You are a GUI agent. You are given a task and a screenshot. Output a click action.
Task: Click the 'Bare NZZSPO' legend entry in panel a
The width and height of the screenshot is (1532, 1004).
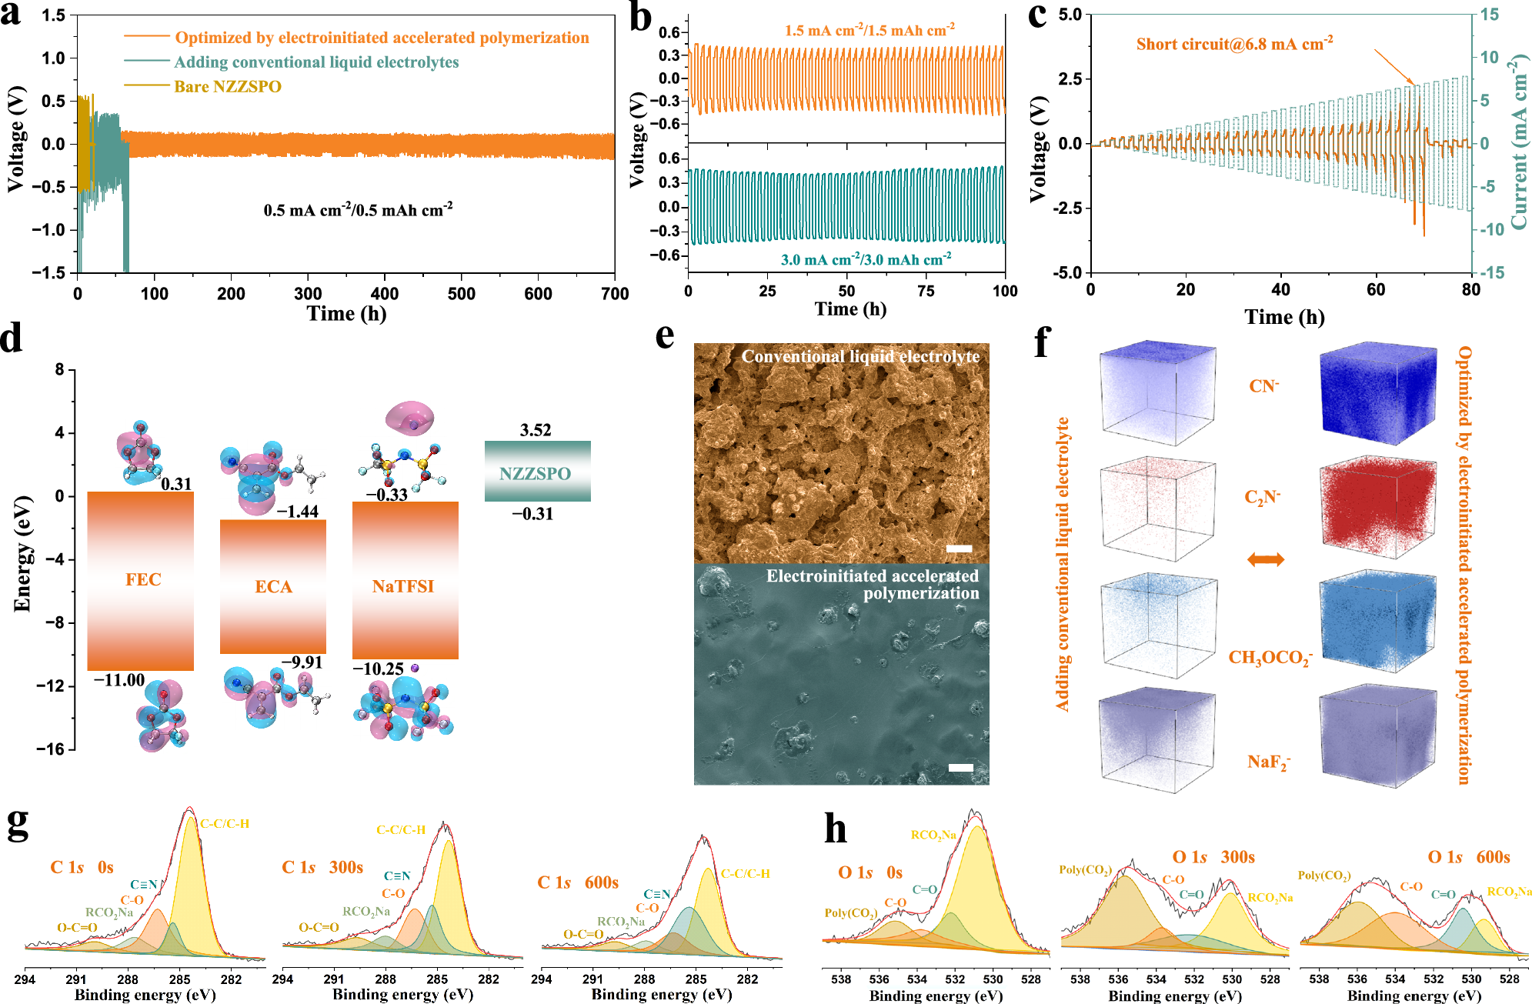click(227, 86)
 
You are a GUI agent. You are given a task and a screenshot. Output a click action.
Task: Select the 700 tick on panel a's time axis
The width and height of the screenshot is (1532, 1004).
click(614, 293)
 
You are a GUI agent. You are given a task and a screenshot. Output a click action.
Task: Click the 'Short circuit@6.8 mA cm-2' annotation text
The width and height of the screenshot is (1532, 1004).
click(1233, 44)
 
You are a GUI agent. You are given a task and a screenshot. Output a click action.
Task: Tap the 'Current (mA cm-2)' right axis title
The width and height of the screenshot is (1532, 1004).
click(1518, 142)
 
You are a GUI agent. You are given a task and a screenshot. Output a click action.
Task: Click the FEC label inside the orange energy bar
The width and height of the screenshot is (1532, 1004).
click(143, 579)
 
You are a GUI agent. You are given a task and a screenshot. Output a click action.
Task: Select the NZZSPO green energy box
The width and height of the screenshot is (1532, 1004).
click(537, 472)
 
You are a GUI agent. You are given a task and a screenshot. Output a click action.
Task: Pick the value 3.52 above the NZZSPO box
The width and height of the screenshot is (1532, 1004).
click(536, 430)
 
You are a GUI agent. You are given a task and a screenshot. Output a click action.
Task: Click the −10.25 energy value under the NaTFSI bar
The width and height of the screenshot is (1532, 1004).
click(378, 669)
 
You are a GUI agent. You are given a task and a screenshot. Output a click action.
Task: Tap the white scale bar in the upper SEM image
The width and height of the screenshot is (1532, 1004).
click(959, 549)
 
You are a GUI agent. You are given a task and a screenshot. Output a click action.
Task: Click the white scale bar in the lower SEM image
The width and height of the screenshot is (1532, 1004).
click(960, 767)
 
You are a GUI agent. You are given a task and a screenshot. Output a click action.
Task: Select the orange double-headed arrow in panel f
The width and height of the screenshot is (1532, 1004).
click(1265, 559)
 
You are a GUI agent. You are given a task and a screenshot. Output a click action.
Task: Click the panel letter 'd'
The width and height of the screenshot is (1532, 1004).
click(12, 339)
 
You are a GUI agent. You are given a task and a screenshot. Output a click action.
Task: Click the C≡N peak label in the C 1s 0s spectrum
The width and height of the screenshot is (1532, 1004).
click(143, 885)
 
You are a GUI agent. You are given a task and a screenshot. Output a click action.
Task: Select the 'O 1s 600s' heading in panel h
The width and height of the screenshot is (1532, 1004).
click(1468, 857)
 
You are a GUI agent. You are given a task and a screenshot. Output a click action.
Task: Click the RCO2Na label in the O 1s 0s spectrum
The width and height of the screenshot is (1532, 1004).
click(933, 835)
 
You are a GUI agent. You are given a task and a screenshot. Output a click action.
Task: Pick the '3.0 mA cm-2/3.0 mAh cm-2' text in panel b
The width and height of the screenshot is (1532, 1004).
click(866, 259)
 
